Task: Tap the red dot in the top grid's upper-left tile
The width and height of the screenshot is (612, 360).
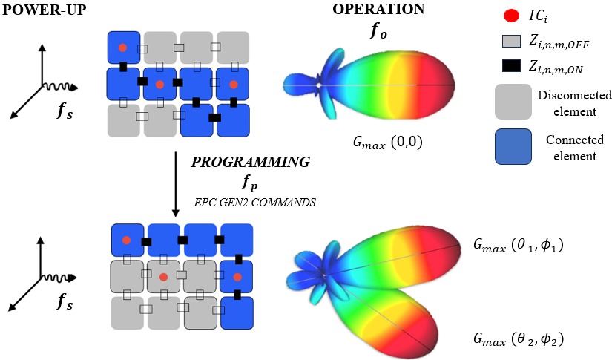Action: [123, 48]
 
